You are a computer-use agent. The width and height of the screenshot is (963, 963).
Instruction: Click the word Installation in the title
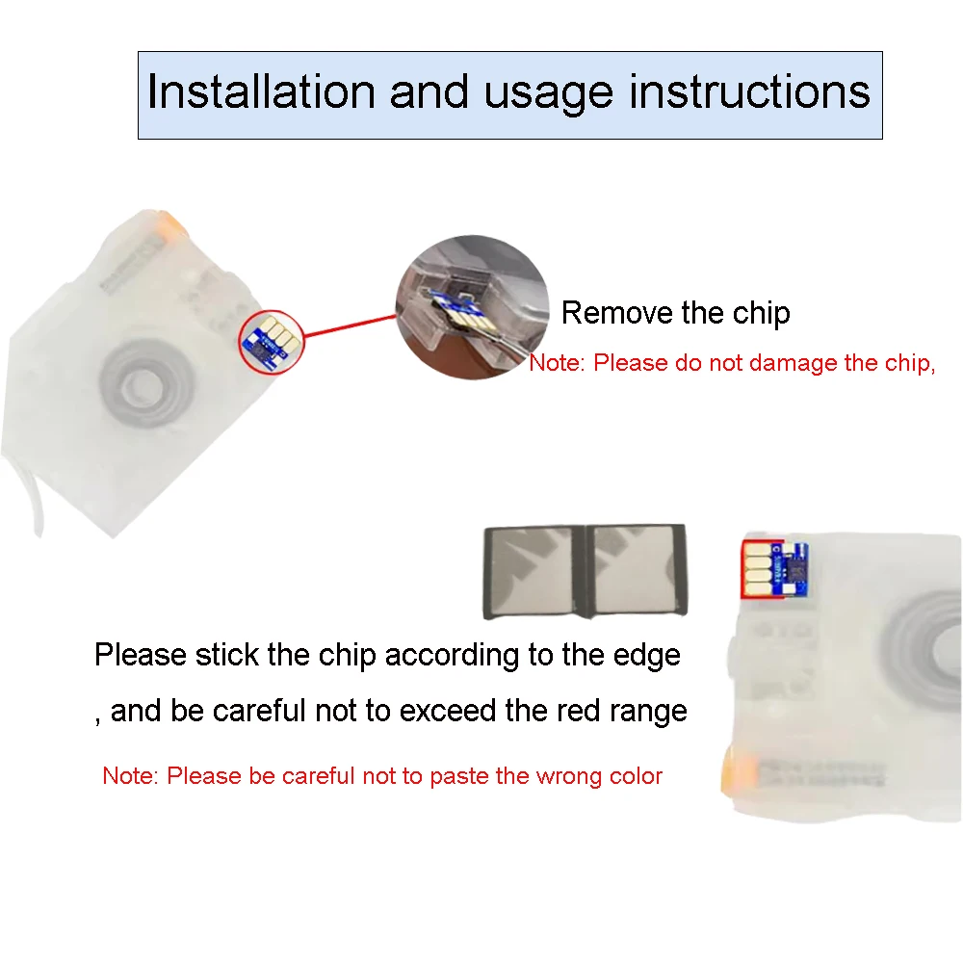click(x=261, y=92)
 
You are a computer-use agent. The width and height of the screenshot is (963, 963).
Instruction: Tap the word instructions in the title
click(x=749, y=92)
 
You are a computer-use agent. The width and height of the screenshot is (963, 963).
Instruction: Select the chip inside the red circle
click(x=272, y=341)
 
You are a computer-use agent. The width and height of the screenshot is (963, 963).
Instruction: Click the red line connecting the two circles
click(x=351, y=326)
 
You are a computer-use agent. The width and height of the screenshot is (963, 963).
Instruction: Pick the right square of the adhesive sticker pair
click(x=638, y=569)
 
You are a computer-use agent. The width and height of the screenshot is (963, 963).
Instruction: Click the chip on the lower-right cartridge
click(x=774, y=569)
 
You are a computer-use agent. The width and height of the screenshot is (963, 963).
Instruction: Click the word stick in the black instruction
click(x=226, y=654)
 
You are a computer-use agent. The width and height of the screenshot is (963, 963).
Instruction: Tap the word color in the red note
click(x=636, y=775)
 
